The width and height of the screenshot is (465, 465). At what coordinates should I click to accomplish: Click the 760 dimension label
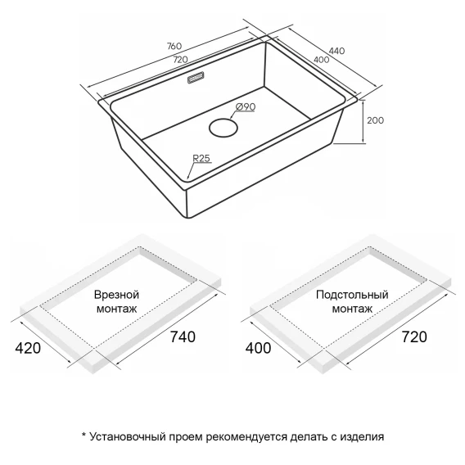(x=174, y=47)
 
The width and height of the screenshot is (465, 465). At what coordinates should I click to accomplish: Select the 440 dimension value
(x=337, y=51)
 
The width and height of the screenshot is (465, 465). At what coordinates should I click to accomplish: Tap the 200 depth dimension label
(x=375, y=120)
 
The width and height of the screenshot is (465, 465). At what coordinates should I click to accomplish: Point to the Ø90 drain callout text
(x=246, y=106)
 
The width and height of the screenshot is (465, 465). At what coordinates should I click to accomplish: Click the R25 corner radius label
(x=201, y=158)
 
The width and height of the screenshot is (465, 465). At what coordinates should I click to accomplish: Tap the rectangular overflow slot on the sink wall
(x=196, y=78)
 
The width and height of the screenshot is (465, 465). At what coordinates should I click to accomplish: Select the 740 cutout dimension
(x=183, y=337)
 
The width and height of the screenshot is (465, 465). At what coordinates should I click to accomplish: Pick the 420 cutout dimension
(x=28, y=348)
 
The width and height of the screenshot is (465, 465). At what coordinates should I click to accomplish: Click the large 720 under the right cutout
(x=414, y=337)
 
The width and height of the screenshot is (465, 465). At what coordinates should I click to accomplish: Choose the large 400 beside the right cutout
(x=259, y=348)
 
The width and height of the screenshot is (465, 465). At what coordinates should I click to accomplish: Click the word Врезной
(x=116, y=295)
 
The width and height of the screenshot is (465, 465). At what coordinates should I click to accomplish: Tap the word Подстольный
(x=352, y=295)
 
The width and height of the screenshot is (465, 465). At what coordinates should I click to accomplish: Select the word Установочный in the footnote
(x=128, y=437)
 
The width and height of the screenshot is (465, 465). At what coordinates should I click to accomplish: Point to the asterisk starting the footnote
(x=84, y=435)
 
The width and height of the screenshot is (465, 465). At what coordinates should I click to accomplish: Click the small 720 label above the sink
(x=180, y=60)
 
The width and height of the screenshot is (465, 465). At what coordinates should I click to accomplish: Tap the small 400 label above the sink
(x=322, y=60)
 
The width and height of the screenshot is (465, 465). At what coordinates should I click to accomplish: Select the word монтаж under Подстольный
(x=352, y=309)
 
